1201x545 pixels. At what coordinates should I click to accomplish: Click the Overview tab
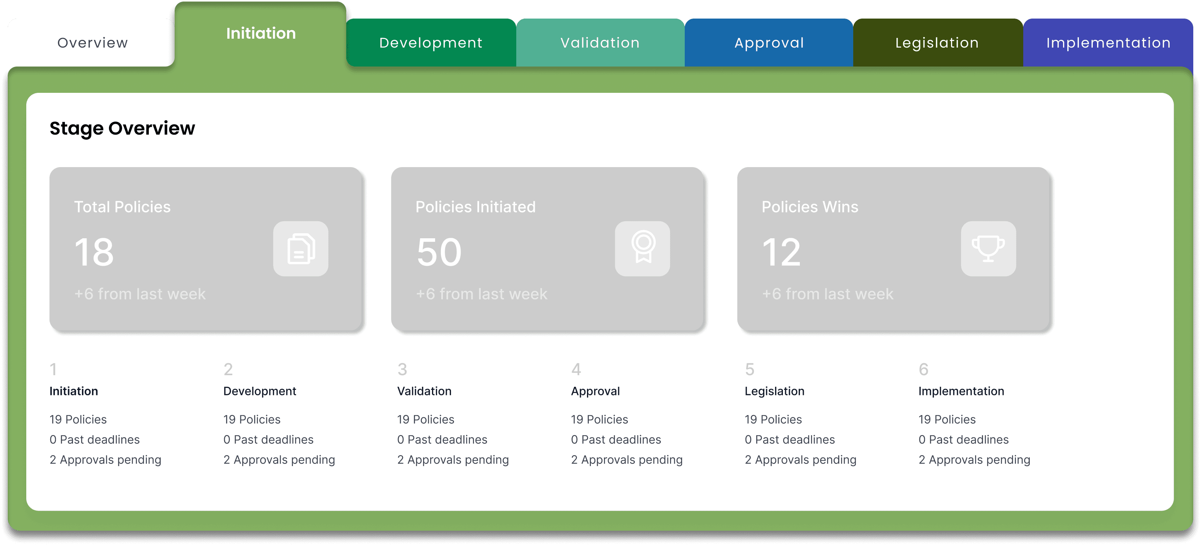coord(92,43)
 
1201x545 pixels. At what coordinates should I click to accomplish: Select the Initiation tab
coord(260,34)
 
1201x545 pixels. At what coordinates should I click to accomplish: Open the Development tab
coord(431,43)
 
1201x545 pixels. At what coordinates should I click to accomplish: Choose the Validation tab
coord(600,43)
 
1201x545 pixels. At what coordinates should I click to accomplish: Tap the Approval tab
coord(769,43)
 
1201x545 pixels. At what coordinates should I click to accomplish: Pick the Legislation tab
coord(937,43)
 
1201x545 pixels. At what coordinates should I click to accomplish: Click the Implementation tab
coord(1108,43)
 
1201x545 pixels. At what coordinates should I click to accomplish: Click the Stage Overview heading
coord(122,128)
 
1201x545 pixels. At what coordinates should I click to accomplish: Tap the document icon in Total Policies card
coord(301,249)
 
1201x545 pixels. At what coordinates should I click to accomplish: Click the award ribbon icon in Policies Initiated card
coord(643,249)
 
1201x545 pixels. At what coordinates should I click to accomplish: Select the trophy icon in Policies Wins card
coord(988,249)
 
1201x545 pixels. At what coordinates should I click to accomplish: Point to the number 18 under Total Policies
coord(94,252)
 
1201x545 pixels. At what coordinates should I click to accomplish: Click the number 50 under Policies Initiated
coord(439,252)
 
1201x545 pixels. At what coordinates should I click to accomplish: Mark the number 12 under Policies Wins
coord(782,252)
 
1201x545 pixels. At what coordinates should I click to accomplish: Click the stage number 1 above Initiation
coord(54,369)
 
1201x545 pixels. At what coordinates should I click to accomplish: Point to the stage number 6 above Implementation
coord(924,369)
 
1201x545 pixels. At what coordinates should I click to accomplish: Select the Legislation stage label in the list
coord(774,391)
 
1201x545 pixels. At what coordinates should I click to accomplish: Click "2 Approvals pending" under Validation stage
coord(453,460)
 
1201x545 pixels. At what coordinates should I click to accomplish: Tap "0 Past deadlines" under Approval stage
coord(616,439)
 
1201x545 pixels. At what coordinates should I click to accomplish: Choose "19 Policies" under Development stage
coord(252,419)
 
